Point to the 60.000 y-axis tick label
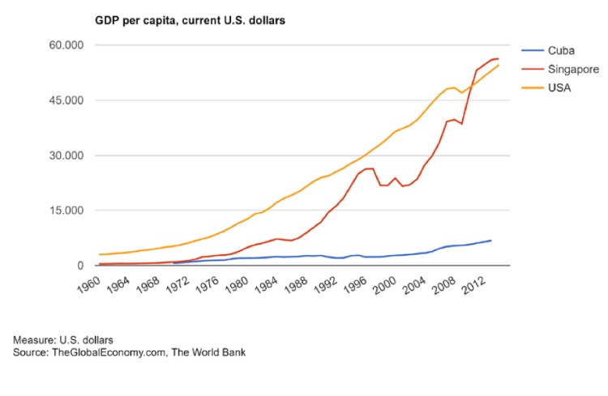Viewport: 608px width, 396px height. [x=66, y=45]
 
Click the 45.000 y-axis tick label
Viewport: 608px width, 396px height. [x=66, y=100]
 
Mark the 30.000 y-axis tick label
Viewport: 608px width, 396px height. [x=66, y=155]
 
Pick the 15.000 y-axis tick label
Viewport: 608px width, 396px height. [x=66, y=211]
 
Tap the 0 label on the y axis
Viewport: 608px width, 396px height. [x=81, y=266]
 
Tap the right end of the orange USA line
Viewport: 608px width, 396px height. [x=499, y=65]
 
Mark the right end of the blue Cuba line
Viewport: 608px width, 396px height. [x=490, y=241]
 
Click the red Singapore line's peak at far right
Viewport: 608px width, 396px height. [x=497, y=58]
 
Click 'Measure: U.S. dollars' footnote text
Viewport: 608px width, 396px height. [x=63, y=339]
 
